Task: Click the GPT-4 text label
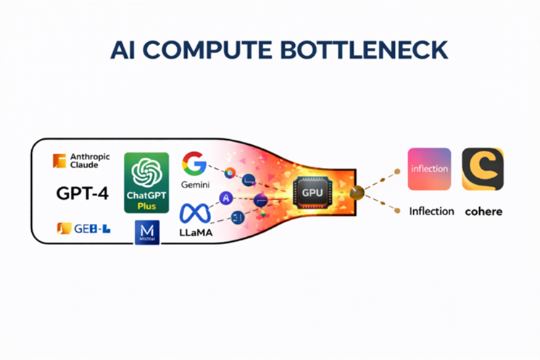(x=81, y=193)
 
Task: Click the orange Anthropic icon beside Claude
(x=59, y=160)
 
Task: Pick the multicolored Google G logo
(x=194, y=163)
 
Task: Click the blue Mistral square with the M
(x=147, y=233)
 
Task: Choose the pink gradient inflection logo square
(x=429, y=169)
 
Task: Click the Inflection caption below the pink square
(x=431, y=212)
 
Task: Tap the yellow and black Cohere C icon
(x=483, y=169)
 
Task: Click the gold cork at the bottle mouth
(x=356, y=192)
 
